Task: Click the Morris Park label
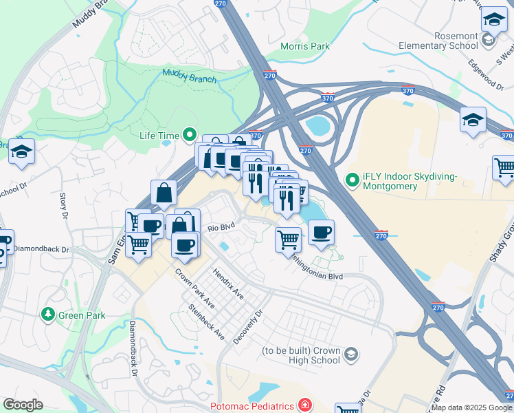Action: point(305,46)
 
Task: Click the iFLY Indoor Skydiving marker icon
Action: point(353,181)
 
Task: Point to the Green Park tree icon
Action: point(48,315)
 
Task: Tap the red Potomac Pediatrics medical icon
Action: point(304,405)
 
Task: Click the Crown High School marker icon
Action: point(351,354)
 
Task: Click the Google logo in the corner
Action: point(23,405)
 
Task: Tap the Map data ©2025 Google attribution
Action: point(471,407)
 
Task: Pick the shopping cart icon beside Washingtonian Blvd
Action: point(288,240)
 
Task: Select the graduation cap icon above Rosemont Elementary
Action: point(493,19)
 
